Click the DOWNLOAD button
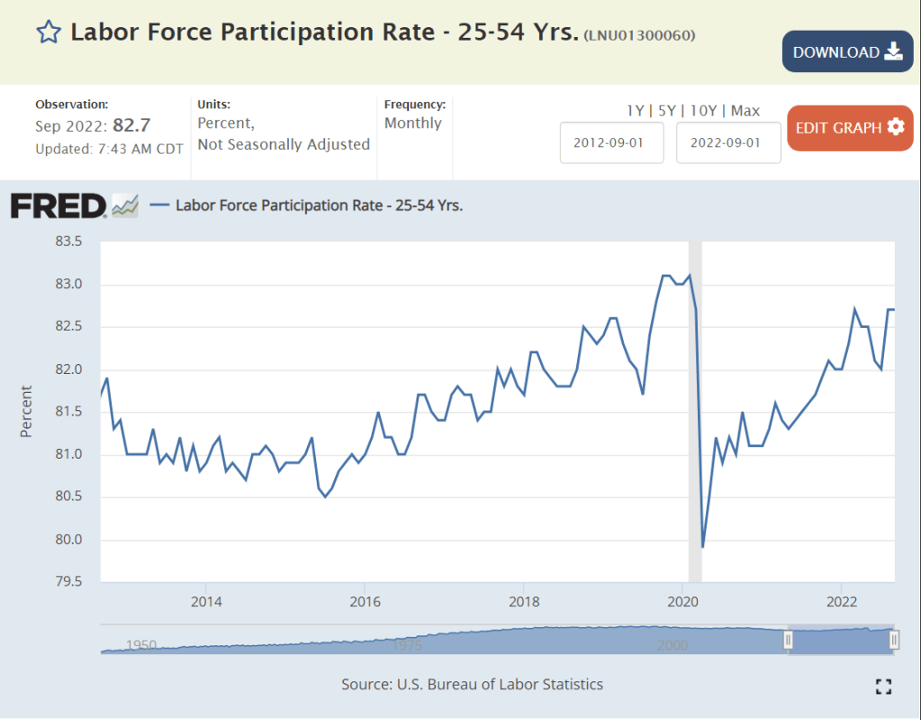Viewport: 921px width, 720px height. point(847,51)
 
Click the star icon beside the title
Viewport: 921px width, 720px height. point(48,33)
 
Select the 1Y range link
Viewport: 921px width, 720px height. point(636,111)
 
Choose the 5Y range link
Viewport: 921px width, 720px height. point(666,111)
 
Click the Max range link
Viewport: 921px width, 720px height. point(745,111)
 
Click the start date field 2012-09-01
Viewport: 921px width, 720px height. point(611,142)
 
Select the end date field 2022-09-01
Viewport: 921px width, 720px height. point(728,142)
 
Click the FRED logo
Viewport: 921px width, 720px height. point(59,205)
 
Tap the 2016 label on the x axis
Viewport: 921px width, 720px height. point(364,601)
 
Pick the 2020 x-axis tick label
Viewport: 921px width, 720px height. point(682,601)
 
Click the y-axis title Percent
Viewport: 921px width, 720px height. point(26,412)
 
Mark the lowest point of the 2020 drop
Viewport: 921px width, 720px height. point(702,547)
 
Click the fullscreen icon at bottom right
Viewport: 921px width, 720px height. point(883,687)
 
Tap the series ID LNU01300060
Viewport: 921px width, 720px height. point(639,35)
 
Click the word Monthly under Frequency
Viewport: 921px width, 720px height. point(413,123)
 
